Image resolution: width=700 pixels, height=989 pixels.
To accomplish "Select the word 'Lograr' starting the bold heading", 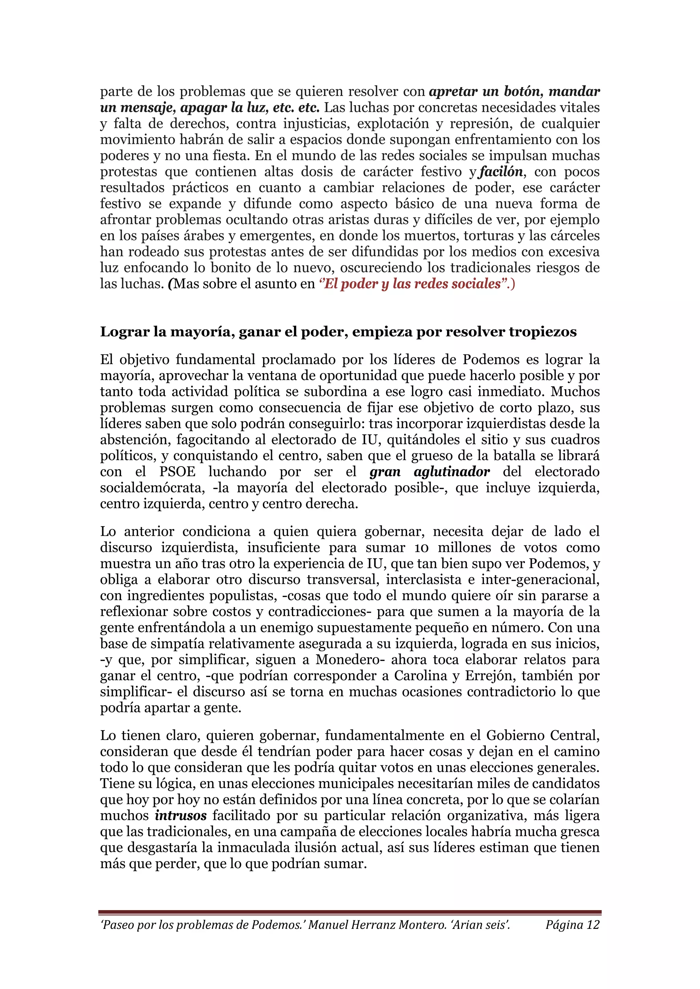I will pos(121,332).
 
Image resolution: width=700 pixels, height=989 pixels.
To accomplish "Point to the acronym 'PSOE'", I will pos(177,472).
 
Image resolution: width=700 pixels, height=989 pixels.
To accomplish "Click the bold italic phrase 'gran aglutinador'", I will pos(429,472).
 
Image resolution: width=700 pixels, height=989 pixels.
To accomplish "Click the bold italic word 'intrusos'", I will pos(180,816).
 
